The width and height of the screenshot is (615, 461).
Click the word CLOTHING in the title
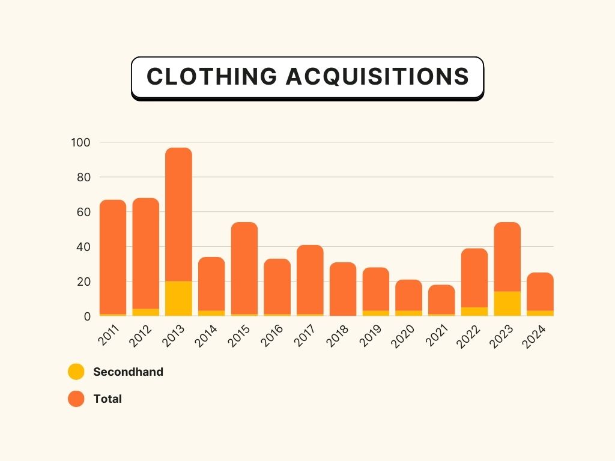point(211,77)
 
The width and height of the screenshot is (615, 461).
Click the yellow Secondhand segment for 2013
point(178,298)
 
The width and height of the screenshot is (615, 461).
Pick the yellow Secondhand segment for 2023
point(507,304)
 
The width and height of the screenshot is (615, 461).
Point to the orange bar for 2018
point(342,288)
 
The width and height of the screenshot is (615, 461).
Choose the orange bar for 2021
point(441,299)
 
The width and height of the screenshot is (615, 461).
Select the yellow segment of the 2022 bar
point(474,312)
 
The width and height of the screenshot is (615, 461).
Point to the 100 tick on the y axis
point(80,143)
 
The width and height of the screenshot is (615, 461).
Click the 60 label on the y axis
point(83,212)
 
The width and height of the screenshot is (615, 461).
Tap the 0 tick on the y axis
point(86,316)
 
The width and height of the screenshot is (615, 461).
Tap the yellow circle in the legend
point(76,372)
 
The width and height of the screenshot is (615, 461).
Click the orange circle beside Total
point(76,399)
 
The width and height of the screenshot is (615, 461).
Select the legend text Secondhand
point(128,372)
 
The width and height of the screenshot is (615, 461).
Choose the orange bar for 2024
point(540,291)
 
